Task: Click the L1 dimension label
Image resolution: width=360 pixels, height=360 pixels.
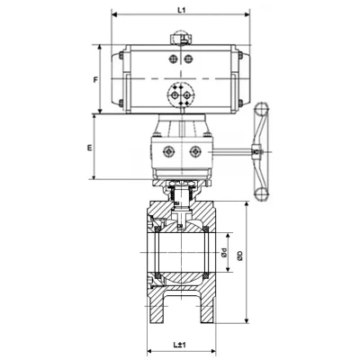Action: tap(181, 10)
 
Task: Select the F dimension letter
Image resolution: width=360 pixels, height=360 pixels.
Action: tap(95, 80)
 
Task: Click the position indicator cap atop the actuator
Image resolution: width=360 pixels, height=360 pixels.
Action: tap(181, 39)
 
